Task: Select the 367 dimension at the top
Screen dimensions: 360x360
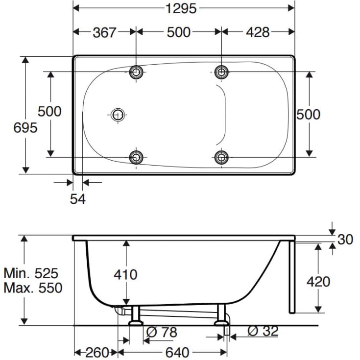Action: [x=104, y=32]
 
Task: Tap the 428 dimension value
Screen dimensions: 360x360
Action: [x=258, y=32]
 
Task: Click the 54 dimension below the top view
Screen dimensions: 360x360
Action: [x=78, y=199]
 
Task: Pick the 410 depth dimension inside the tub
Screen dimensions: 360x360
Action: [x=125, y=274]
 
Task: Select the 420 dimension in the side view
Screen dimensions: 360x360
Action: [x=318, y=282]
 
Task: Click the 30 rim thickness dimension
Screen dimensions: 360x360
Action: [x=346, y=240]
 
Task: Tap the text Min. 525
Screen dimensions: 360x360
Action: [x=31, y=272]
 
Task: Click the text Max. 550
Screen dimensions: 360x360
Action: [x=33, y=288]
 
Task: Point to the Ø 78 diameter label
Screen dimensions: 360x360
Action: [x=162, y=333]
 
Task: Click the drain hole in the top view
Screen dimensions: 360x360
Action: [x=118, y=114]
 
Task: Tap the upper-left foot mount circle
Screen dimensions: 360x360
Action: [x=136, y=72]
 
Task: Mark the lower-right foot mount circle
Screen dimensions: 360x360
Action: [x=222, y=157]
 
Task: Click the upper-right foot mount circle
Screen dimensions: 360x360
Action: [x=222, y=72]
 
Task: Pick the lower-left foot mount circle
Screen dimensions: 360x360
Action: [x=136, y=157]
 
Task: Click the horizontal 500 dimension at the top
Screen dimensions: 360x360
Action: [x=178, y=32]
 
